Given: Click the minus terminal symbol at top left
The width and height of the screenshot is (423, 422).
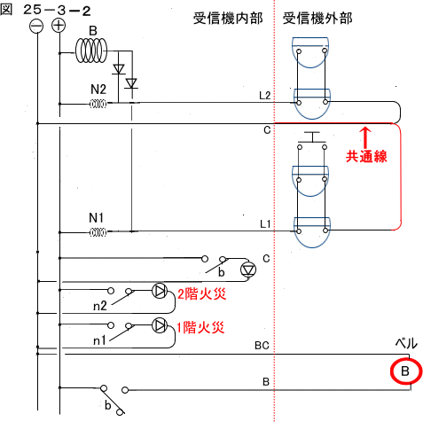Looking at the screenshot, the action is tap(36, 27).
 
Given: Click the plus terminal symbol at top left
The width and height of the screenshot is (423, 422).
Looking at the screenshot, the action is tap(59, 26).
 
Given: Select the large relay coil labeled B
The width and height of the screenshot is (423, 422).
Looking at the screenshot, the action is tap(91, 51).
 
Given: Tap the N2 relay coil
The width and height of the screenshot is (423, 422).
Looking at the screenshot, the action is tap(98, 104).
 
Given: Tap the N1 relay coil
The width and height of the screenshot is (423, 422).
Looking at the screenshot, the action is tap(98, 232).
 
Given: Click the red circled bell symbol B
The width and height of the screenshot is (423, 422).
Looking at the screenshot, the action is tap(405, 371).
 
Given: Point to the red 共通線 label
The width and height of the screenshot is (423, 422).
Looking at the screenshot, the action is tap(366, 156).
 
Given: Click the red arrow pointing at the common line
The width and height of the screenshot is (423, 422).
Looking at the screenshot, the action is tap(365, 137).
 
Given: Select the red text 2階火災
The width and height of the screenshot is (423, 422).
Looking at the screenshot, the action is tap(202, 293).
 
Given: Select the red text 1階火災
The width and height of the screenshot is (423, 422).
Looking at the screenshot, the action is tap(200, 327).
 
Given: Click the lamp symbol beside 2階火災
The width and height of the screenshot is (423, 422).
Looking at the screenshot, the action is tap(160, 291).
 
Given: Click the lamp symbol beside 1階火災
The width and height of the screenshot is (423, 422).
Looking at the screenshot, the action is tap(160, 325).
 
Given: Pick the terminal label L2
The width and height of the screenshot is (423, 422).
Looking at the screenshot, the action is tap(265, 96).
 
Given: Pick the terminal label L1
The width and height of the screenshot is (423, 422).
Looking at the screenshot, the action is tap(265, 224).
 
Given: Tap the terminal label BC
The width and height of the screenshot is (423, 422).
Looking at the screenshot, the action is tap(262, 346).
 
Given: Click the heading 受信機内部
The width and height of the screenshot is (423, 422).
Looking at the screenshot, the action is tap(228, 18).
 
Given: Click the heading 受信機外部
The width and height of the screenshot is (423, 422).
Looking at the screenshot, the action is tap(317, 18).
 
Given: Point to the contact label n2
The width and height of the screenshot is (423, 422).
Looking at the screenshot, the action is tap(99, 306).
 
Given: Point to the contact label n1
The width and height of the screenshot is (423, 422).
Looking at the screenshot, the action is tap(99, 340).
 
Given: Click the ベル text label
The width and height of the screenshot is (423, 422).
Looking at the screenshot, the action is tap(406, 344).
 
